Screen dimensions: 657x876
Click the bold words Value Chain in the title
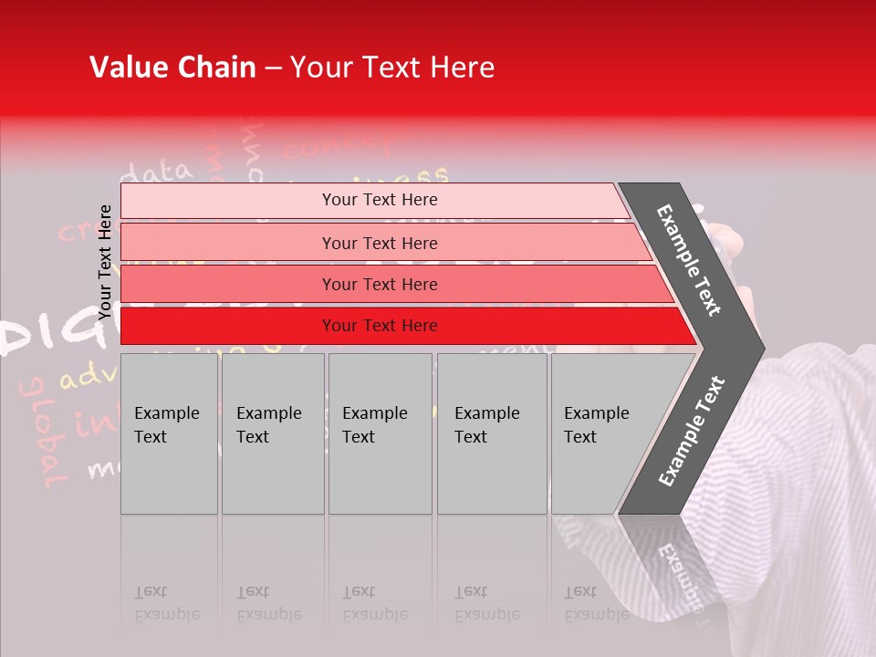(x=172, y=68)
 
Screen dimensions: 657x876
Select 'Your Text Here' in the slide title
(x=392, y=68)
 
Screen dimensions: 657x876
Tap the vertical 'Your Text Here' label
(x=105, y=262)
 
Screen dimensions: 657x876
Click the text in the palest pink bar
(x=380, y=200)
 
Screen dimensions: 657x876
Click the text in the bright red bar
(x=380, y=326)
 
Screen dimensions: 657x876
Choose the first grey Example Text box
(x=169, y=433)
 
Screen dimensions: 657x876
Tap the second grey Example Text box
(x=272, y=433)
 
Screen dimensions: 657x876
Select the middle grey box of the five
(x=380, y=433)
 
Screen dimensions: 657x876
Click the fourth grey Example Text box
(x=491, y=433)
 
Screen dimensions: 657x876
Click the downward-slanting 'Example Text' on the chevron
(x=689, y=260)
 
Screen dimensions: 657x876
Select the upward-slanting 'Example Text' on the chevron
(x=692, y=431)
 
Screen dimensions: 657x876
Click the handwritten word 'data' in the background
(x=160, y=171)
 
